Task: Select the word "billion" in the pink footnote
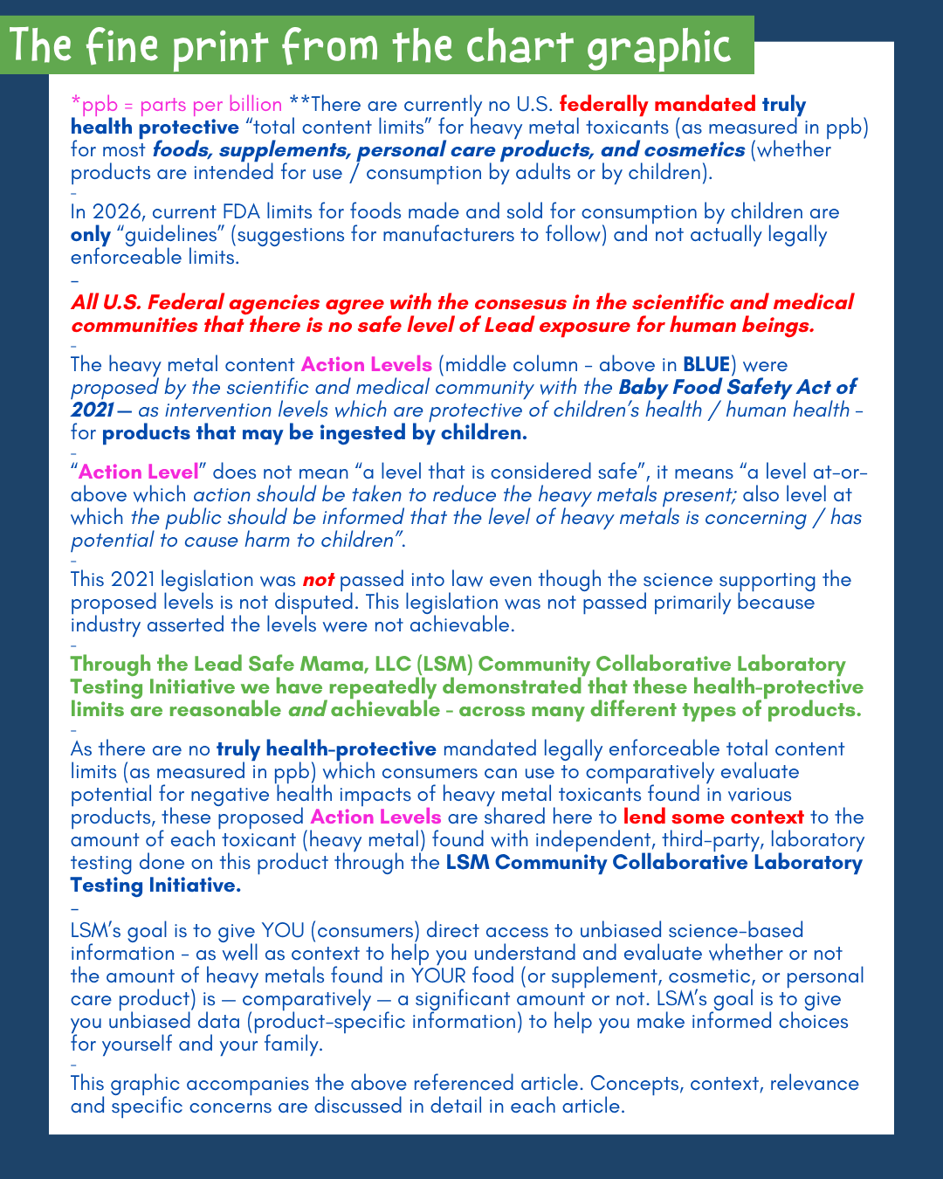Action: pos(248,105)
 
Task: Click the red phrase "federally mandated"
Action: pos(657,105)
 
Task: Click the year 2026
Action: pos(115,212)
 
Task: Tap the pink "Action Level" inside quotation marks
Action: pos(139,472)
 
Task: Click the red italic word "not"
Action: pos(318,580)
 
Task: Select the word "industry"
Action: pos(105,625)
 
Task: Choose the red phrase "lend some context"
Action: pos(713,817)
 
